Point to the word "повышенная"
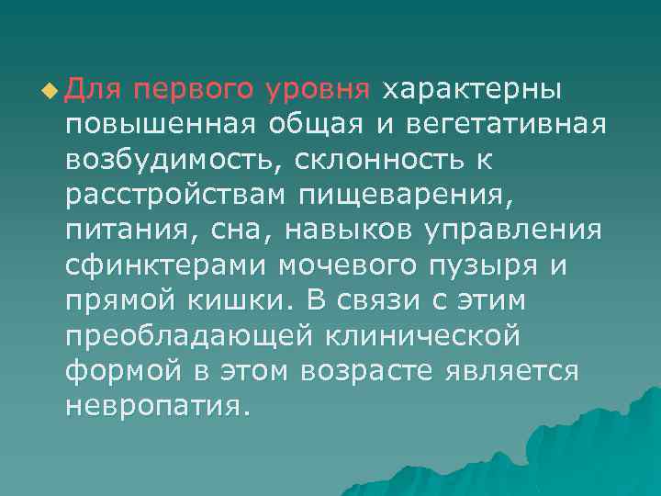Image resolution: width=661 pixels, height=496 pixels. pyautogui.click(x=160, y=123)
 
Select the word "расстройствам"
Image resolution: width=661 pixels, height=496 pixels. pyautogui.click(x=185, y=196)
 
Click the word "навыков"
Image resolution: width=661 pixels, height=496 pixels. pyautogui.click(x=336, y=231)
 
